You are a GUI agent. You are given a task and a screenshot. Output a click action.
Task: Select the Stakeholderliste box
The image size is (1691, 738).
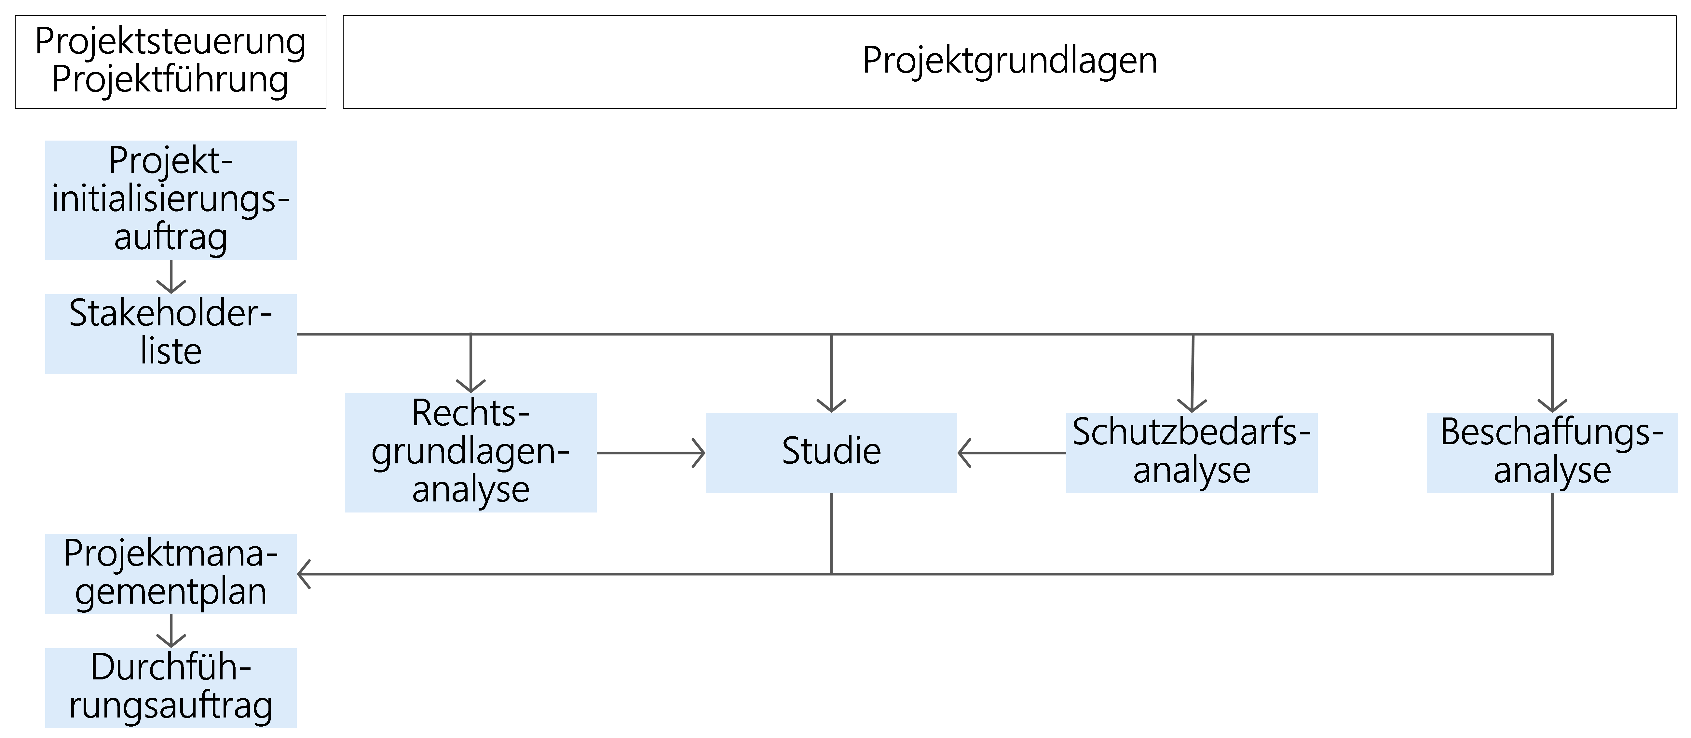[171, 334]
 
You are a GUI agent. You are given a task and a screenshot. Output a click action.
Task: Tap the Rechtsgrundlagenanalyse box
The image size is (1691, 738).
[470, 452]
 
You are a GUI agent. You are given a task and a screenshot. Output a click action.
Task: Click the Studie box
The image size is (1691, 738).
[831, 452]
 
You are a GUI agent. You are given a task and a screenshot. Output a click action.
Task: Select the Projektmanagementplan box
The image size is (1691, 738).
[171, 573]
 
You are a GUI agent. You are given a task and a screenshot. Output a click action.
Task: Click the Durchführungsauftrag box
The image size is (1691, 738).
[171, 688]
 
